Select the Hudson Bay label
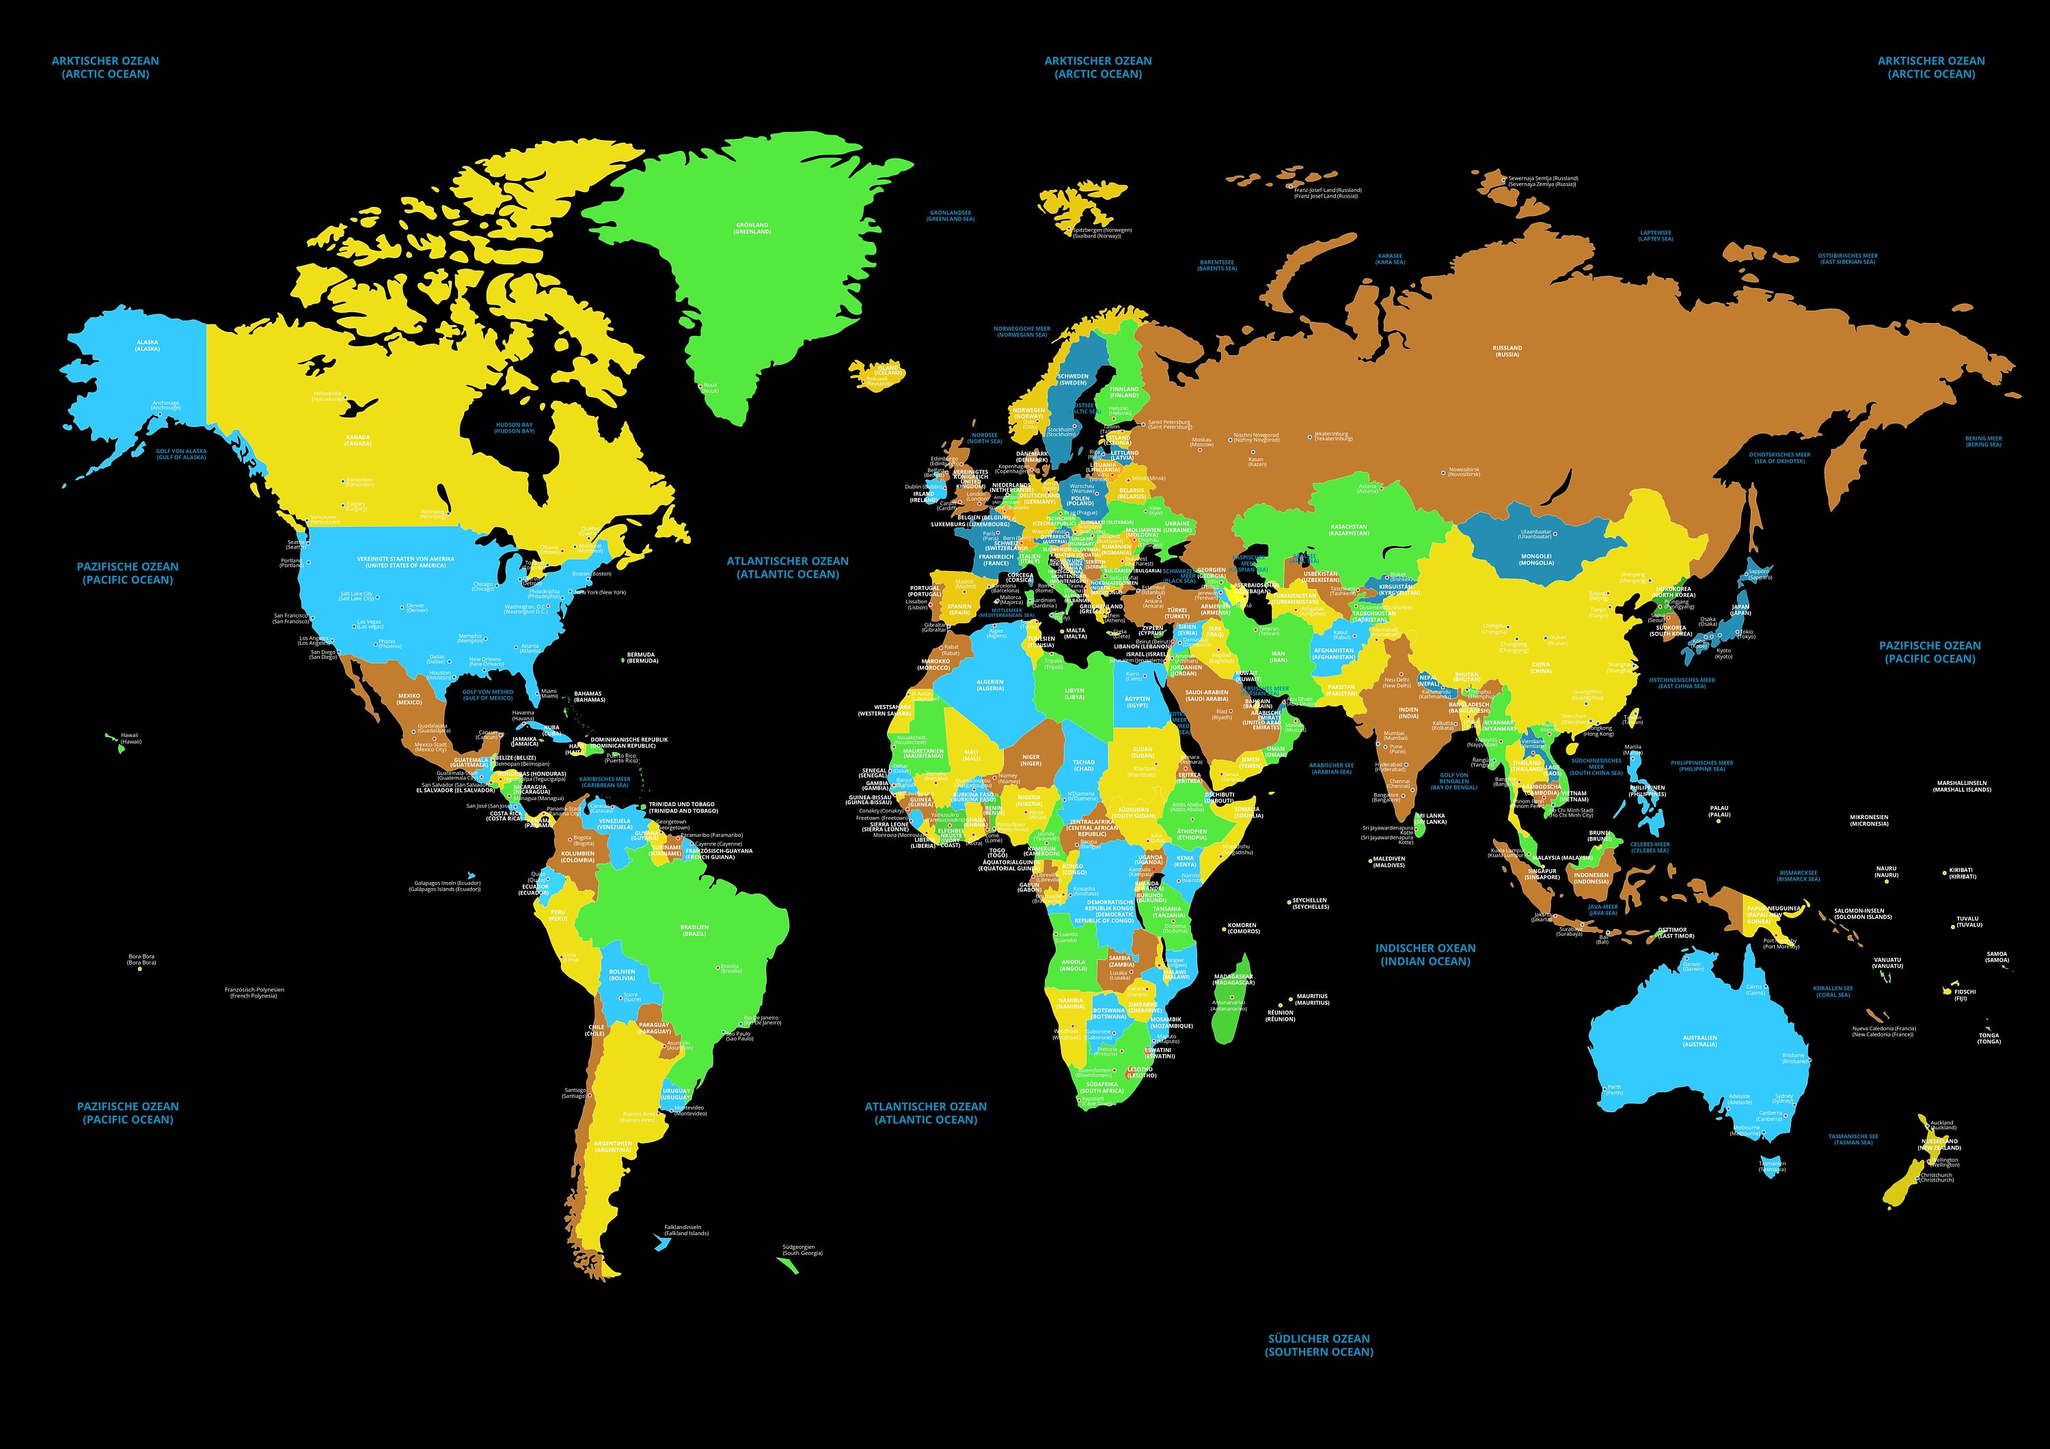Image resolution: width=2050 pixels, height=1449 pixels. click(515, 428)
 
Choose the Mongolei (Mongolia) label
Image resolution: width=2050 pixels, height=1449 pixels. click(1535, 559)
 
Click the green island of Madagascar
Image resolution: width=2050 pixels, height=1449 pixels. click(1232, 1000)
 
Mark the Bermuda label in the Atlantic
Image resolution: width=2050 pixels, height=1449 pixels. click(641, 657)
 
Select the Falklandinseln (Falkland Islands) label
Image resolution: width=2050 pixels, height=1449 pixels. click(685, 1230)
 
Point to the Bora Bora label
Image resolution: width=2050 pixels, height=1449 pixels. click(141, 960)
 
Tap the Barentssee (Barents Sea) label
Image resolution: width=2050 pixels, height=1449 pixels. click(1217, 265)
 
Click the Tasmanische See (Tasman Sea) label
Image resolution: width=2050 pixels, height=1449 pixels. click(1853, 1140)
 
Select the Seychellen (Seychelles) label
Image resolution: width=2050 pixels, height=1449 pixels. click(1310, 904)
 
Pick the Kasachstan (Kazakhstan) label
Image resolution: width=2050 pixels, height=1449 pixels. click(1348, 530)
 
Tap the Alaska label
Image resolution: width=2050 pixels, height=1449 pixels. click(148, 344)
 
